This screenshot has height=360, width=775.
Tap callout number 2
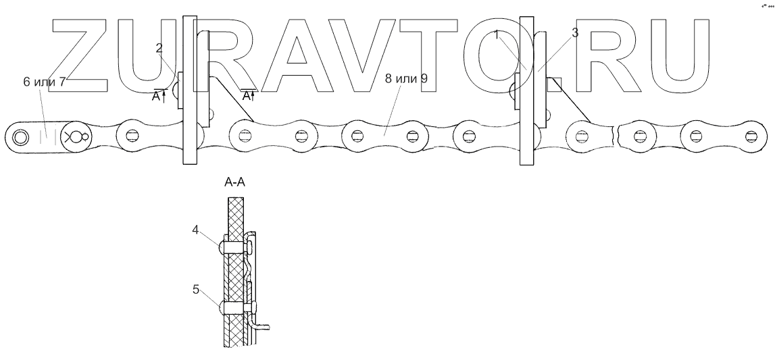(x=159, y=47)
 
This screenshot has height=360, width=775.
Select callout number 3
(x=574, y=32)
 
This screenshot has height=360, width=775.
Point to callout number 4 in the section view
(x=195, y=229)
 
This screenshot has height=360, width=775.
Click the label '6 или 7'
(x=44, y=82)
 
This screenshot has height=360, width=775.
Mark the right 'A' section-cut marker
(x=247, y=96)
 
